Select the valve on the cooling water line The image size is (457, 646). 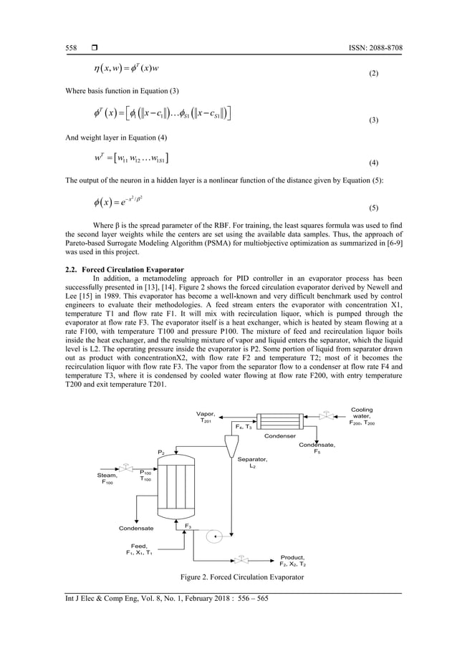327,415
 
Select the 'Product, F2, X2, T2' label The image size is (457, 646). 293,560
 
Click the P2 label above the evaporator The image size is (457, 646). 162,452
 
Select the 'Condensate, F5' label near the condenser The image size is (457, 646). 317,448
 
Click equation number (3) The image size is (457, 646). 393,122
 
